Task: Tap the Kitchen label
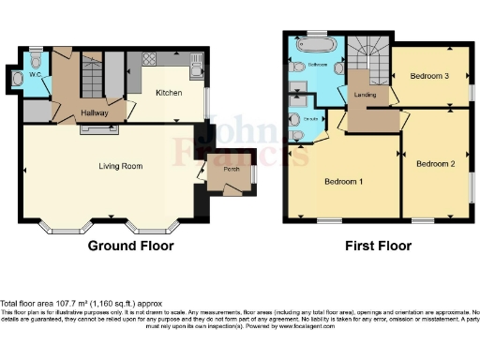(x=169, y=93)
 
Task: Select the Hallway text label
(x=95, y=112)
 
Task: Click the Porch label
(x=228, y=171)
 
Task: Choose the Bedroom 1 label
(x=344, y=181)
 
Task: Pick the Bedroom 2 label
(x=435, y=163)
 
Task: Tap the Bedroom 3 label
(x=429, y=77)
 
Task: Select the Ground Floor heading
(x=130, y=246)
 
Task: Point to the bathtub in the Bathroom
(x=310, y=44)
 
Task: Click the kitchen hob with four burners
(x=149, y=58)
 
